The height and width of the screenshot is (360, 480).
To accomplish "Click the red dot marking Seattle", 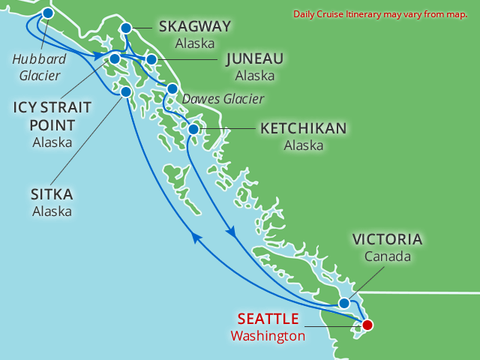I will click(367, 325).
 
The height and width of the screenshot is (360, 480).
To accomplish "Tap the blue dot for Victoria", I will click(343, 304).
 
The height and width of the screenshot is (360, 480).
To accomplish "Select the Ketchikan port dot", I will click(193, 129).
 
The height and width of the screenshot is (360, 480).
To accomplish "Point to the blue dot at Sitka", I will click(126, 91).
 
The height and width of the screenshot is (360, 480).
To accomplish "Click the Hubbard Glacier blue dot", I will click(48, 13).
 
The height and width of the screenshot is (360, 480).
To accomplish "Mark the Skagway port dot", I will click(126, 28).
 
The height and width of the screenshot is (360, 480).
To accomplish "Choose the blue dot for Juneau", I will click(151, 59).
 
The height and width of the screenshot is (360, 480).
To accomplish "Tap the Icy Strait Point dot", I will click(115, 58).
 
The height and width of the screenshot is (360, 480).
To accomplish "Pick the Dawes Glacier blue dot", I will click(172, 88).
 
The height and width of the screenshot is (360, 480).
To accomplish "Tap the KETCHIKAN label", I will click(303, 129).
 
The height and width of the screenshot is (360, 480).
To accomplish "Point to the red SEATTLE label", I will click(268, 319).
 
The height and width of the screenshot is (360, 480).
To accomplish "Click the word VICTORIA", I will click(387, 241).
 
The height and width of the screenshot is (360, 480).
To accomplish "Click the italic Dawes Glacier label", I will click(224, 97).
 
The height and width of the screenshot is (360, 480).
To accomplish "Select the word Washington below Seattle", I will click(268, 336).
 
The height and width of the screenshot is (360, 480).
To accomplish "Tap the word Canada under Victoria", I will click(387, 257).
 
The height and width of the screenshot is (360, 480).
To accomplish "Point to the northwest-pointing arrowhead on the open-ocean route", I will click(196, 237).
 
